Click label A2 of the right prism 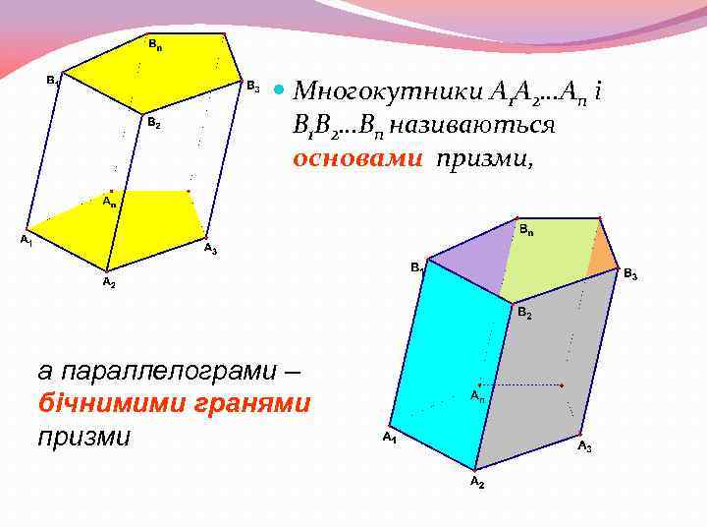pos(476,483)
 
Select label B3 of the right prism pos(630,275)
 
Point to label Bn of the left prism pos(155,44)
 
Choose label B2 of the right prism pos(525,314)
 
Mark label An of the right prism pos(476,396)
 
